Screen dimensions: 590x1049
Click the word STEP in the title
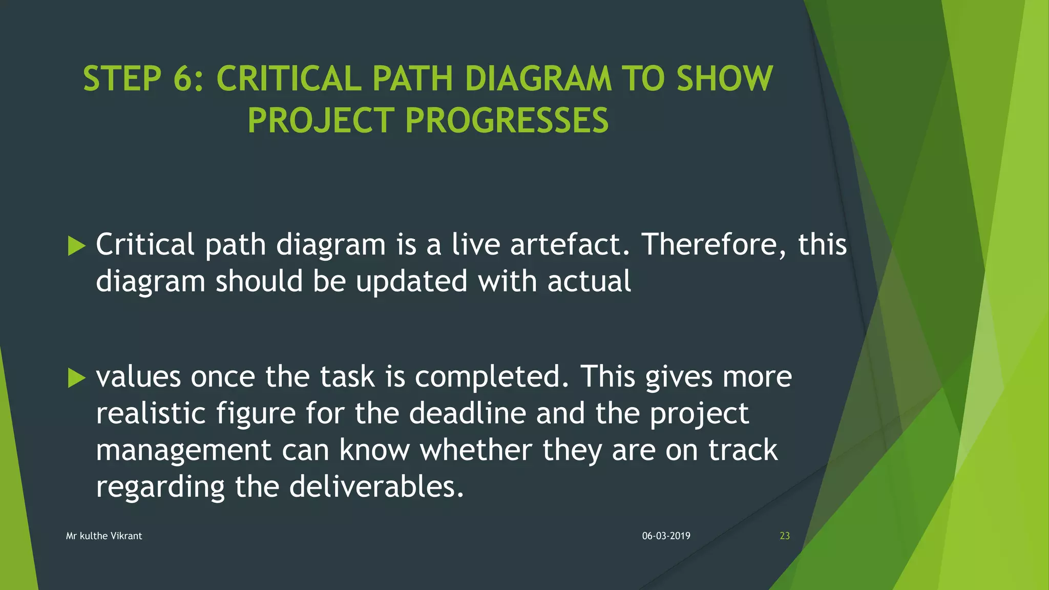122,79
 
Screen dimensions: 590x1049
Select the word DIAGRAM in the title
537,79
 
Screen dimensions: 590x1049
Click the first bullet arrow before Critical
76,246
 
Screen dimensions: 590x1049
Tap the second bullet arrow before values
76,378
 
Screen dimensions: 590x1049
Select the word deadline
467,413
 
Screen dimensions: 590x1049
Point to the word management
183,451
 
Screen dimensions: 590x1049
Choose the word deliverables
376,487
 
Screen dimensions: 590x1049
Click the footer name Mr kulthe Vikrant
104,536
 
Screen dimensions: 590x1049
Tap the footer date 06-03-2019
666,536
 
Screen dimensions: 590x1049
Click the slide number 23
784,536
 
